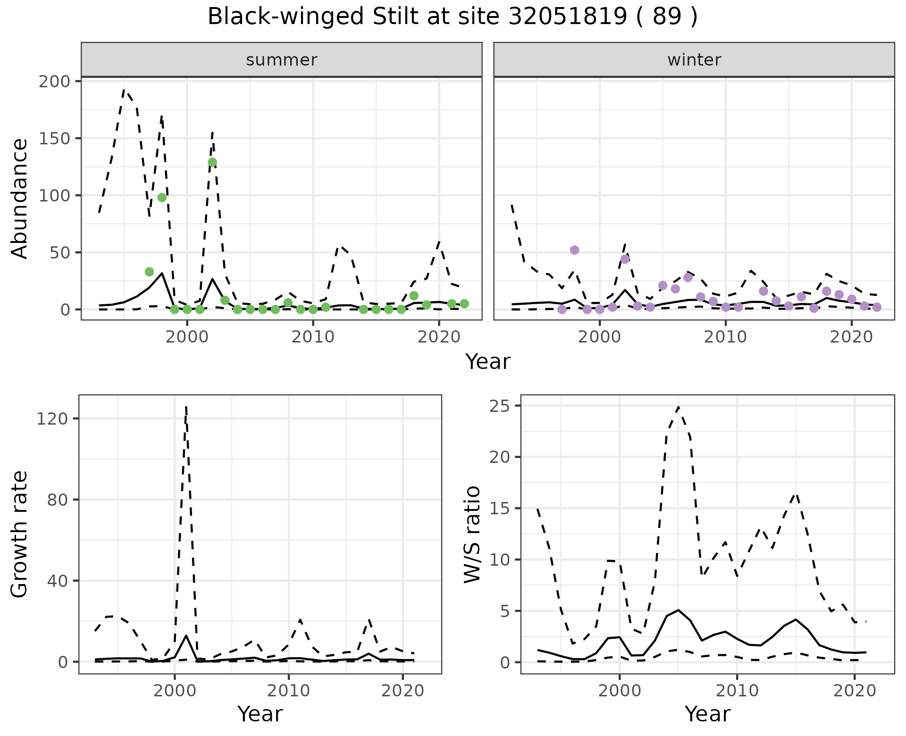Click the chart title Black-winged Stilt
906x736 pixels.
(452, 17)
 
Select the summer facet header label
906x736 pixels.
(281, 60)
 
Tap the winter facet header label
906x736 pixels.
(694, 60)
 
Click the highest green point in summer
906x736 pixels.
(212, 162)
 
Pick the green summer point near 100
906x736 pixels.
(162, 197)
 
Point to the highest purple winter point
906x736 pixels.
(574, 250)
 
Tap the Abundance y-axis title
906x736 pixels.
(20, 198)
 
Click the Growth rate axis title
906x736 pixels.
(20, 535)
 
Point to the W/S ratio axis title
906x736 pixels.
(472, 535)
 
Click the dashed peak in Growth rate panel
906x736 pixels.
(186, 407)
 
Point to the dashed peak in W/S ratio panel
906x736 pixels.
(678, 407)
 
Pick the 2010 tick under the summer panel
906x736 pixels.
(313, 337)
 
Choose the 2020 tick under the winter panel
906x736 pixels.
(852, 337)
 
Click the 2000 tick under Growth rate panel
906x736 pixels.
(175, 691)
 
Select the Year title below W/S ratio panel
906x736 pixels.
(707, 714)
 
